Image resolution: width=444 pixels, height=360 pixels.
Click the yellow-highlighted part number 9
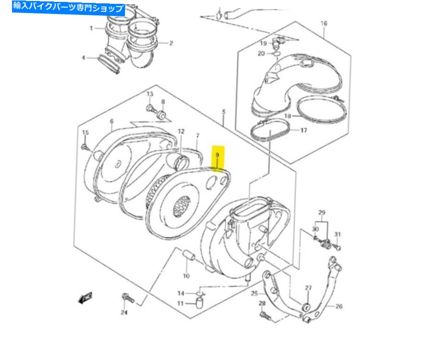pos(217,155)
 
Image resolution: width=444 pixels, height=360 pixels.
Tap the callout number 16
pos(323,23)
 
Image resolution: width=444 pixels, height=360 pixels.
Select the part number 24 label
pos(124,313)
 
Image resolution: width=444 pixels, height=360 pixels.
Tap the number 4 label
pos(83,58)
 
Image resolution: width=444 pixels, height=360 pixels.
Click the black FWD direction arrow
pos(85,298)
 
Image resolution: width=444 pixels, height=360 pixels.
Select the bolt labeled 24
pos(128,298)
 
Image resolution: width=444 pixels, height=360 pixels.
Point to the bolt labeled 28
pos(265,316)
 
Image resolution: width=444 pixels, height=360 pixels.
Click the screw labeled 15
pos(85,146)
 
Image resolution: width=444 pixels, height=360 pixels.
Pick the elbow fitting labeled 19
pos(278,43)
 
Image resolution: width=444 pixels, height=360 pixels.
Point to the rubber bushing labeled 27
pos(305,306)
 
